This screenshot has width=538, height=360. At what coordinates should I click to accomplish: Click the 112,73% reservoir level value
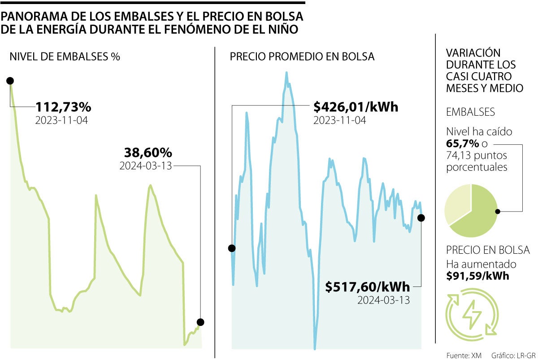pyautogui.click(x=63, y=108)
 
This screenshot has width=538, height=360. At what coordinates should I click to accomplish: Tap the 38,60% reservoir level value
pyautogui.click(x=146, y=152)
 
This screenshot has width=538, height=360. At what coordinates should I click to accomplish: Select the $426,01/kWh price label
pyautogui.click(x=356, y=108)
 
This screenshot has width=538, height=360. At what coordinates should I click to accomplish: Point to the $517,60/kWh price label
pyautogui.click(x=368, y=286)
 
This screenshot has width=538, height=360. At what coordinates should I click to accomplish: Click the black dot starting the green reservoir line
pyautogui.click(x=10, y=81)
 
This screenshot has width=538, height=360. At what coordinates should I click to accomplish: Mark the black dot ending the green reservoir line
pyautogui.click(x=200, y=322)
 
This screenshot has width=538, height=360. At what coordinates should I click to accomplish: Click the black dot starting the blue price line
pyautogui.click(x=232, y=248)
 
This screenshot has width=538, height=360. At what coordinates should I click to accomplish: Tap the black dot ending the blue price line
pyautogui.click(x=421, y=218)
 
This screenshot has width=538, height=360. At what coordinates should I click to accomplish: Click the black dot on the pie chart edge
pyautogui.click(x=497, y=211)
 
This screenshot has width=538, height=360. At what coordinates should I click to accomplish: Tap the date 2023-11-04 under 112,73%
pyautogui.click(x=61, y=120)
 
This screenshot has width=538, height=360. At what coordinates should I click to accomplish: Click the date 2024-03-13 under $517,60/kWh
pyautogui.click(x=383, y=300)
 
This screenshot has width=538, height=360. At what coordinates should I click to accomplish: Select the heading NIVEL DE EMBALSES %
pyautogui.click(x=65, y=57)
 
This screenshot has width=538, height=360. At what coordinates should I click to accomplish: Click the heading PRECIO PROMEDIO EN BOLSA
pyautogui.click(x=302, y=57)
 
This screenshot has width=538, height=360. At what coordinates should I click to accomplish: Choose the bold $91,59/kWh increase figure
pyautogui.click(x=477, y=276)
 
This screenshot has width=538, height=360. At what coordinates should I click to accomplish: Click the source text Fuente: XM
pyautogui.click(x=464, y=355)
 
